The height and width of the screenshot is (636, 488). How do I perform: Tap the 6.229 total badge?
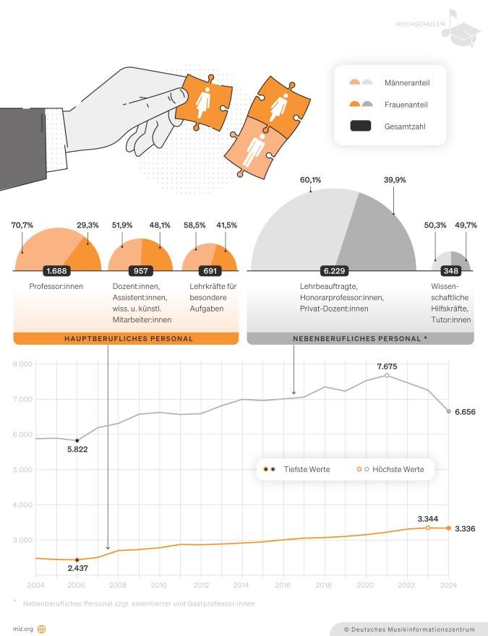pos(334,271)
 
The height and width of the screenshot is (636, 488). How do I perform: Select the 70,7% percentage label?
pos(22,225)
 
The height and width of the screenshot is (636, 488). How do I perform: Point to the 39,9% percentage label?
pos(395,179)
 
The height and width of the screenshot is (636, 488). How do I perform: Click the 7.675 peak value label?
pos(388,366)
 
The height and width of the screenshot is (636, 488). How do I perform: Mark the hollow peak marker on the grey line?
pos(387,375)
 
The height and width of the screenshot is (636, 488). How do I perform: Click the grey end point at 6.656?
pos(449,411)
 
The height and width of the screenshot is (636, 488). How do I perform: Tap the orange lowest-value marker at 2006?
pos(77,559)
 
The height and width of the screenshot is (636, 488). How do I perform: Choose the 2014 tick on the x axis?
pos(241,584)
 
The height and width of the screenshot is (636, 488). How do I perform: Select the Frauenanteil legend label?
pos(406,104)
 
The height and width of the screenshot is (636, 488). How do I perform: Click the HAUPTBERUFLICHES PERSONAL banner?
pos(126,338)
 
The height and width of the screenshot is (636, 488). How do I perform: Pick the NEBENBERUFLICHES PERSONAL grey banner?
pos(361,338)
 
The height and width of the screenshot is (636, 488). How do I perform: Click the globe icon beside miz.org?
pos(41,629)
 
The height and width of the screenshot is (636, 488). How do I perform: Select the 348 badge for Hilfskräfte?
pos(451,271)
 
